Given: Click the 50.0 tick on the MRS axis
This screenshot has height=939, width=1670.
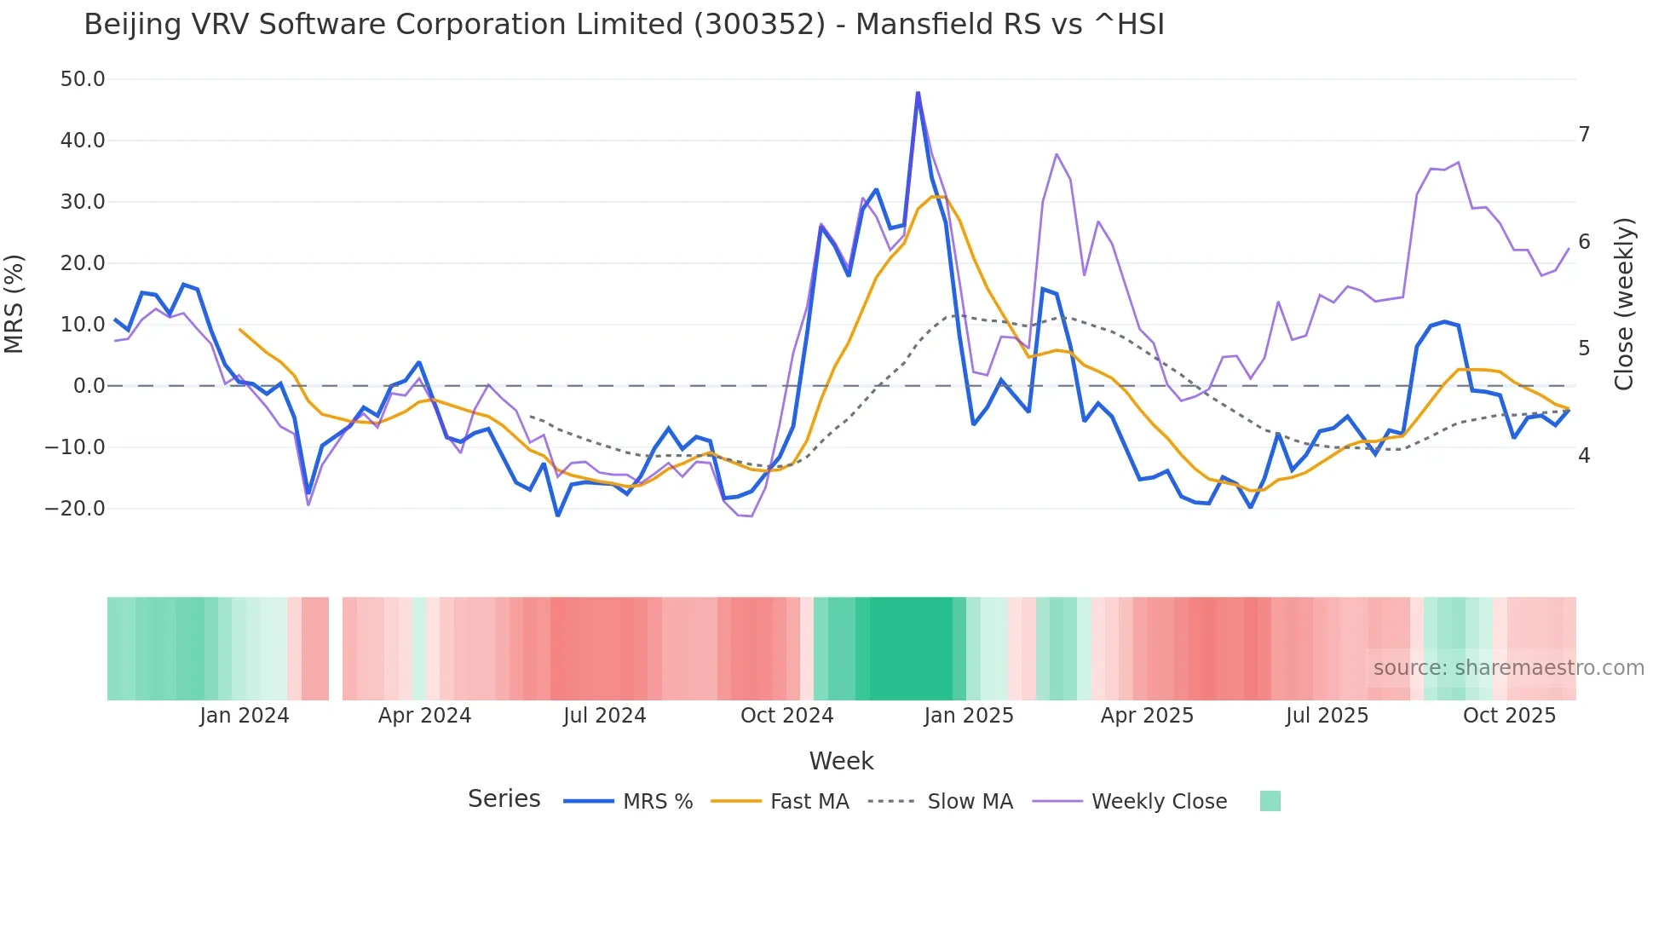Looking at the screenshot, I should click(83, 79).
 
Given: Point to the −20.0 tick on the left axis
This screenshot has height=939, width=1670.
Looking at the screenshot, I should click(75, 509).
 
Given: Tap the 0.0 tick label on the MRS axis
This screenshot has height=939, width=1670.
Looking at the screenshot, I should click(89, 386).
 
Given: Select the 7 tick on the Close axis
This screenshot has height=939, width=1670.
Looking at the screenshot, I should click(1584, 135).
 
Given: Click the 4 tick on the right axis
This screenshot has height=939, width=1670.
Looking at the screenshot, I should click(1584, 456).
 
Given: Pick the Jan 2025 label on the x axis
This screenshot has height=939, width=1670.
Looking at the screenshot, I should click(969, 716).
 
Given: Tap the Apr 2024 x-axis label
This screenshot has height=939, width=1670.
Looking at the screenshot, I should click(424, 716).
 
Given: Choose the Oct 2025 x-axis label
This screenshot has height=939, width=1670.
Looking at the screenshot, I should click(1509, 716).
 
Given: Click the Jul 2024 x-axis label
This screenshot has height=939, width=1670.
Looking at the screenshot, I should click(604, 716).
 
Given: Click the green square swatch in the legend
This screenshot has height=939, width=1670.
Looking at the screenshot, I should click(1270, 801).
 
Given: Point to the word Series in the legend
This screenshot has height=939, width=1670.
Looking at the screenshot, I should click(504, 799).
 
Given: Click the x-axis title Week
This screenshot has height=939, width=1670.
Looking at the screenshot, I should click(841, 761).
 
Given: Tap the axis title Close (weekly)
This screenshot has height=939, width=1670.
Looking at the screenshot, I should click(1625, 304).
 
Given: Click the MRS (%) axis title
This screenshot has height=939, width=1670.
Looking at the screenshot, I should click(14, 304).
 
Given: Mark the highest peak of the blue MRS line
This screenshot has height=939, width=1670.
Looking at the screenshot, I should click(918, 93).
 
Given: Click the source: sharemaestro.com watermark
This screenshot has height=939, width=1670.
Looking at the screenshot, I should click(1508, 668).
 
